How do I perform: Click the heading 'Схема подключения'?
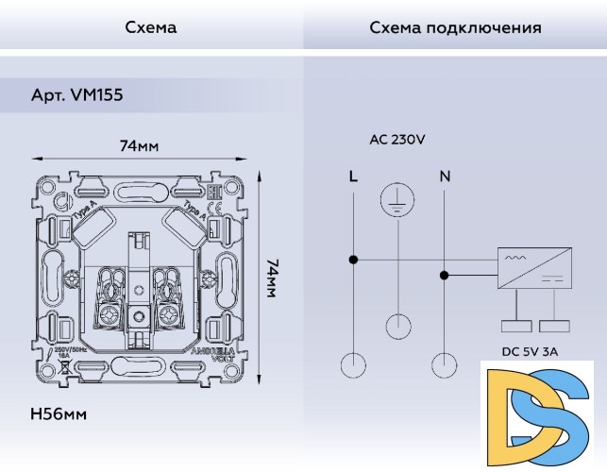click(x=455, y=27)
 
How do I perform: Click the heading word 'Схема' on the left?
click(x=151, y=27)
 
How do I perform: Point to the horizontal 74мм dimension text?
click(x=139, y=146)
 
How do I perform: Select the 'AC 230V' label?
click(x=397, y=140)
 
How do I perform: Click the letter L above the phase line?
click(x=353, y=177)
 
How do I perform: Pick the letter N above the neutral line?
click(x=445, y=177)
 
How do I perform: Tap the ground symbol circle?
click(x=398, y=200)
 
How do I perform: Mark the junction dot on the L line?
click(x=353, y=260)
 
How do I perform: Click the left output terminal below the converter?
click(x=516, y=327)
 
